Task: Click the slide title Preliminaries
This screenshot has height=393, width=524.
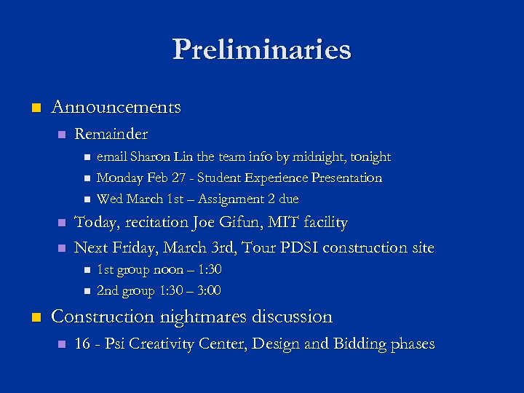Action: click(x=262, y=49)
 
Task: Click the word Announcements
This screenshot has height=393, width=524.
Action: click(x=116, y=107)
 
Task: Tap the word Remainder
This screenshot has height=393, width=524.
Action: click(x=111, y=134)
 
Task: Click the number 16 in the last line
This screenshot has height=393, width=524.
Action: click(x=82, y=344)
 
